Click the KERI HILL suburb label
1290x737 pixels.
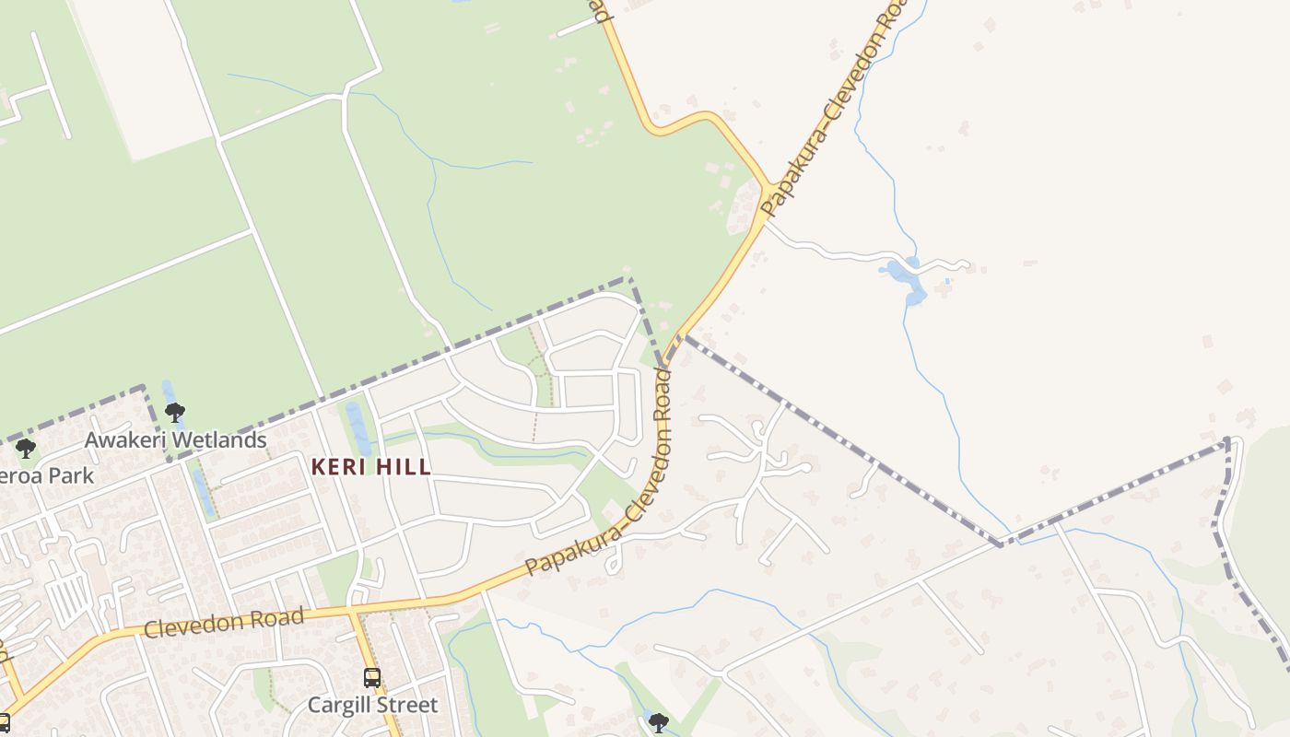(x=370, y=467)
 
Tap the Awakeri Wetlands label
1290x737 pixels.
(x=175, y=440)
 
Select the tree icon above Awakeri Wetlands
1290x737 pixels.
(x=174, y=412)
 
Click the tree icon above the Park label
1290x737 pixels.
(x=26, y=449)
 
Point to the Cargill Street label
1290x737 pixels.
(x=372, y=706)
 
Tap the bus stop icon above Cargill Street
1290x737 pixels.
(x=372, y=678)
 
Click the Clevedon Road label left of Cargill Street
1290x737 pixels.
(x=224, y=623)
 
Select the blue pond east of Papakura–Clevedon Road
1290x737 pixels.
(x=903, y=279)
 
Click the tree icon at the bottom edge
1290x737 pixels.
(x=658, y=721)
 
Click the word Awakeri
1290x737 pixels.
(x=128, y=440)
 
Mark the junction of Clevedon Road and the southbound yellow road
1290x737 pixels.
(x=352, y=610)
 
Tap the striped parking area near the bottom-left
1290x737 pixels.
(x=69, y=598)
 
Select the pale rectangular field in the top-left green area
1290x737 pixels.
(x=143, y=74)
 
